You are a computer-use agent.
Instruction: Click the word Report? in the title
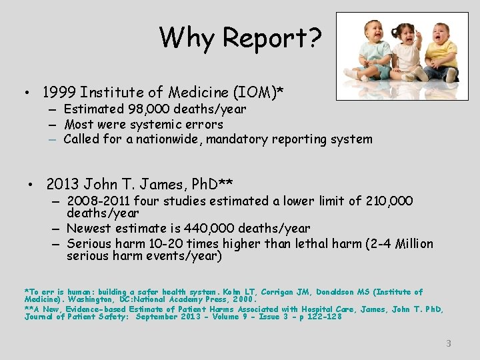pyautogui.click(x=273, y=38)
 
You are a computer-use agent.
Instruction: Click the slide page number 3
pyautogui.click(x=449, y=343)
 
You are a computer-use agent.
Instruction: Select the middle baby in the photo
pyautogui.click(x=404, y=51)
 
